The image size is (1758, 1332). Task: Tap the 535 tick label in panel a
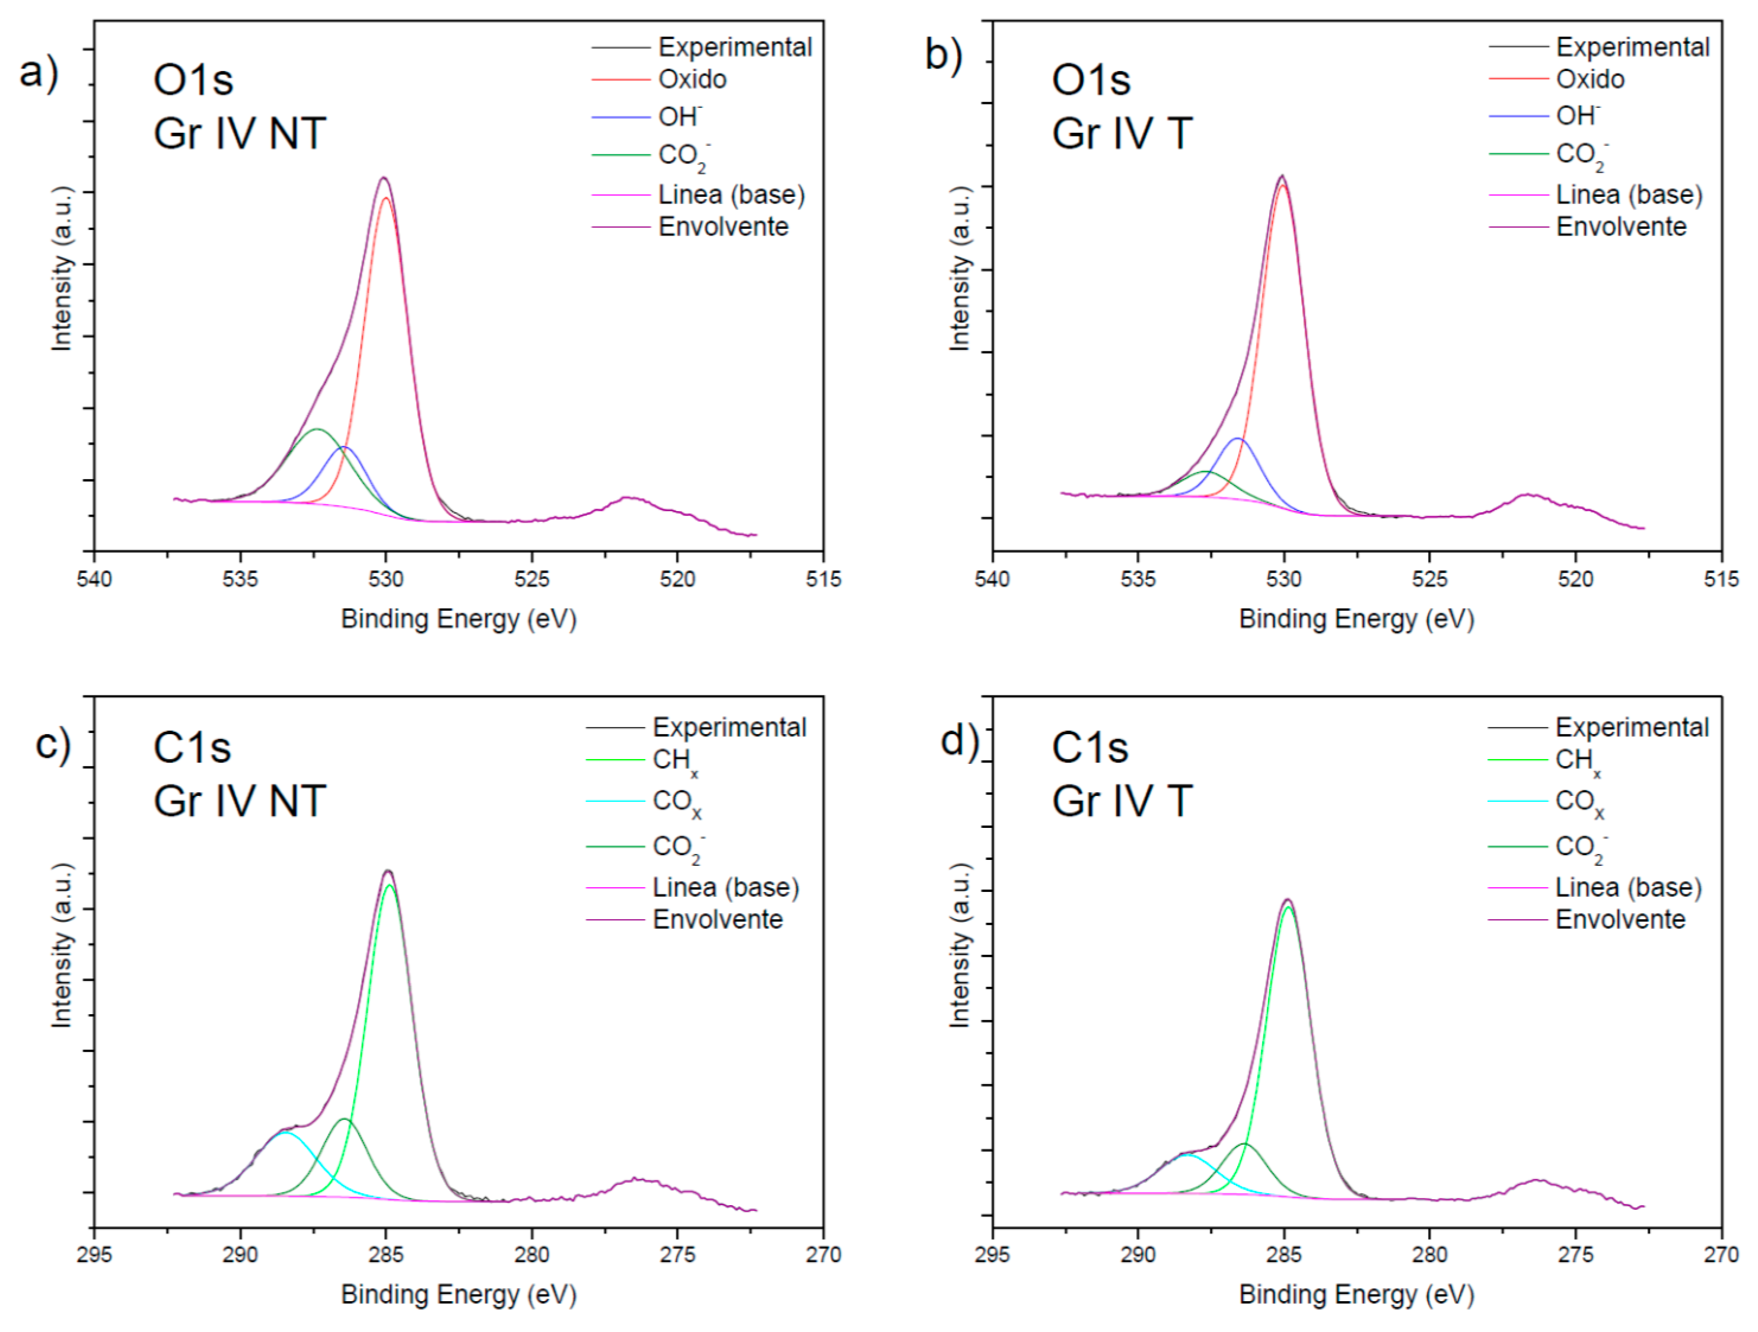pos(240,579)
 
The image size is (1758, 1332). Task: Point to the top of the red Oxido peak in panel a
pos(386,199)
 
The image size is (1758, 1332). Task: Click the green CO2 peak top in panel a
pos(317,429)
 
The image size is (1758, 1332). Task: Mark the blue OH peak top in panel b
pos(1237,439)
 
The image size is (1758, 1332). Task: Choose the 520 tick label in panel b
pos(1575,579)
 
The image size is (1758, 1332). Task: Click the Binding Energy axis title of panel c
pos(458,1295)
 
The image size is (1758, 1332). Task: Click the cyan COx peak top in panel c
pos(285,1133)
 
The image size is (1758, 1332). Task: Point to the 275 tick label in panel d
pos(1575,1255)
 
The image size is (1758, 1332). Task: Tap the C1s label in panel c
pos(192,747)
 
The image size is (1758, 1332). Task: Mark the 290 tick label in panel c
pos(240,1255)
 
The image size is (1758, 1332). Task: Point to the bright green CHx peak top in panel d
pos(1288,907)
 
